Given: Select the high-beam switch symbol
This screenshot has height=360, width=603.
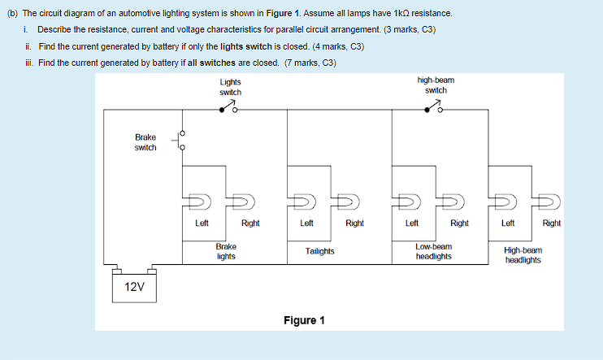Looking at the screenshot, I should (433, 109).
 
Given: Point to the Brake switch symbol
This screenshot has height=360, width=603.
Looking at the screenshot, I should (182, 141).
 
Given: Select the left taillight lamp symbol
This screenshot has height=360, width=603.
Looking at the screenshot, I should (303, 200).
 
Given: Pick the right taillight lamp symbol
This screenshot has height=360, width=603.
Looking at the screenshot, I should (349, 200).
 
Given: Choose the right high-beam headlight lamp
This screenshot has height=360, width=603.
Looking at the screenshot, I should (550, 200).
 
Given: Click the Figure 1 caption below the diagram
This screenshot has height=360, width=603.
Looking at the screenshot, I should (304, 320).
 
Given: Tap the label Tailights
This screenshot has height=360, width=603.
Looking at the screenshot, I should (319, 251).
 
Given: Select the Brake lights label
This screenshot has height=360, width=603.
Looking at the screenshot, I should (226, 251).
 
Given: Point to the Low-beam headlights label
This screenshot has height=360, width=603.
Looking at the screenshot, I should (434, 251).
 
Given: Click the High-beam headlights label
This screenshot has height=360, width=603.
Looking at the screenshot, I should (523, 256).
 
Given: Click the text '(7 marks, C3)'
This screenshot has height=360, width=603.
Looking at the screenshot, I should (308, 63).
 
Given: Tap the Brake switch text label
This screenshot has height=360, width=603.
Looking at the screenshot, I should (145, 142).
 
